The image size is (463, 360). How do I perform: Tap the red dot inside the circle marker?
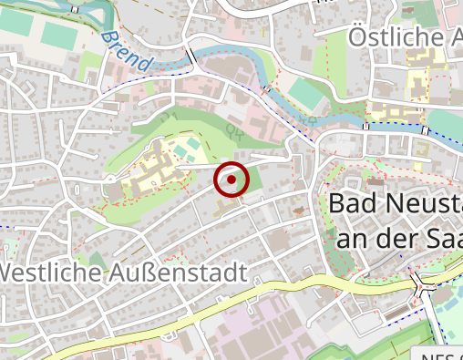231,180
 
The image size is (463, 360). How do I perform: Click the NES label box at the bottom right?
441,355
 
